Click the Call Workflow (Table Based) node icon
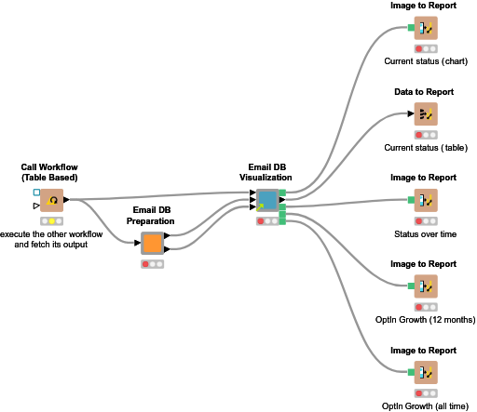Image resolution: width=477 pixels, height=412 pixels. (51, 200)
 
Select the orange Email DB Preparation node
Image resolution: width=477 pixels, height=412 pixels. (153, 244)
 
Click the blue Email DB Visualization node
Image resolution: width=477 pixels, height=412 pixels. (267, 200)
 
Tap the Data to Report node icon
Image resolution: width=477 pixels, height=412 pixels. (425, 114)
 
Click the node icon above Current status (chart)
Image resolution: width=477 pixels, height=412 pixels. (425, 29)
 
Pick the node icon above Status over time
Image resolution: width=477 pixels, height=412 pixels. (425, 200)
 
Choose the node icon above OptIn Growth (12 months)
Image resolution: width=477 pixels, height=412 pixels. (425, 286)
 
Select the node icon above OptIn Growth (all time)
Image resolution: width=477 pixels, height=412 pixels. (425, 371)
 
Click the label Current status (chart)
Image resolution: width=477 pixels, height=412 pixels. (425, 62)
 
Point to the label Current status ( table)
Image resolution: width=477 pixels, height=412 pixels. (425, 148)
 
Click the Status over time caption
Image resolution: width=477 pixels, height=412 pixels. (425, 233)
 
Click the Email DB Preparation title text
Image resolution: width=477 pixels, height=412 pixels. (153, 218)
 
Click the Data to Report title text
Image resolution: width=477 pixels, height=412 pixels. (425, 91)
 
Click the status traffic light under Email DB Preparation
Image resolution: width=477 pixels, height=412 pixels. (153, 264)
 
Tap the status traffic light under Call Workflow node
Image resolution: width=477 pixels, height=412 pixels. (51, 220)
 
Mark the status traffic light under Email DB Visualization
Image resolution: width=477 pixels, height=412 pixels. (267, 220)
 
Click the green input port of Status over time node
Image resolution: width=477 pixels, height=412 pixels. (411, 199)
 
